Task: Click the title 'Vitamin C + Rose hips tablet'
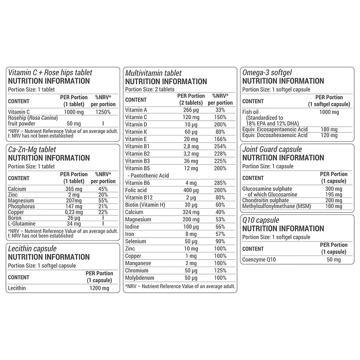click(50, 73)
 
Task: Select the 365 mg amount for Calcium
click(73, 189)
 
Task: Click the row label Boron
click(16, 218)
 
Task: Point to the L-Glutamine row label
click(22, 223)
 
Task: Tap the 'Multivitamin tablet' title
click(153, 73)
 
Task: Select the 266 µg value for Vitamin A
click(191, 110)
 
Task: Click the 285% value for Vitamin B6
click(220, 183)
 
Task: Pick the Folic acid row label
click(137, 190)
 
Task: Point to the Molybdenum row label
click(140, 277)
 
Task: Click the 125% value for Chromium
click(220, 270)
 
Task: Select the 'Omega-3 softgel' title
click(267, 73)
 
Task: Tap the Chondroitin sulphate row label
click(266, 201)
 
